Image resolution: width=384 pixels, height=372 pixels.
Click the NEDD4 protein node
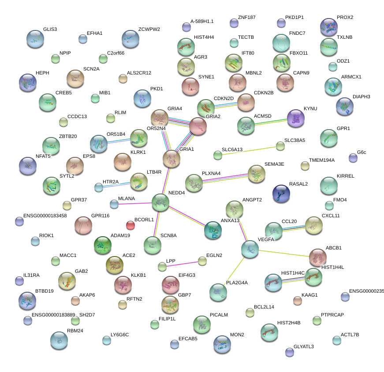coord(160,202)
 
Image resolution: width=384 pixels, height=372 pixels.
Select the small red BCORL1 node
coord(130,226)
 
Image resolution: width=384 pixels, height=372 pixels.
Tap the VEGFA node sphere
coord(250,249)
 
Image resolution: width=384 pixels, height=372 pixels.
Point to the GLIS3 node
coord(35,39)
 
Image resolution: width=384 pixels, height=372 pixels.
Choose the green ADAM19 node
coord(103,245)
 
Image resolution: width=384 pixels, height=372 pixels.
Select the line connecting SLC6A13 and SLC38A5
coord(249,150)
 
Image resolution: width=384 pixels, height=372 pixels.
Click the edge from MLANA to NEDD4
coord(134,203)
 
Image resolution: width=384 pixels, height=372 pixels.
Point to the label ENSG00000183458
coord(46,216)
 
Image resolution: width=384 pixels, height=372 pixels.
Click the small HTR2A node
coord(99,187)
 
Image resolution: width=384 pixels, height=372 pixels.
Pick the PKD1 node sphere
coord(142,98)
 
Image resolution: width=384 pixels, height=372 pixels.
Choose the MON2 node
coord(222,344)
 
